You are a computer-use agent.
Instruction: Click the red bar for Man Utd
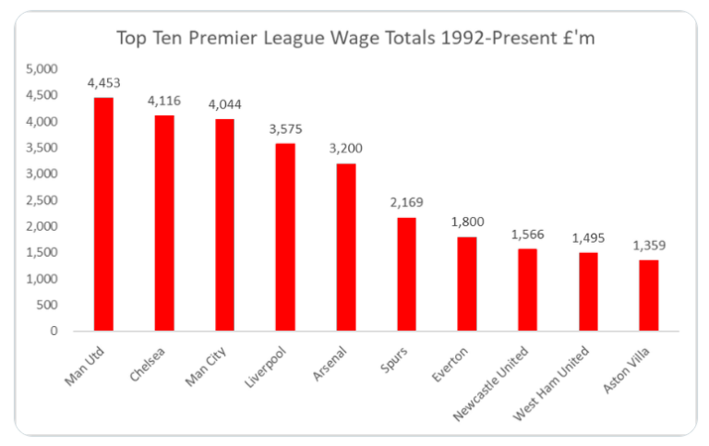point(102,214)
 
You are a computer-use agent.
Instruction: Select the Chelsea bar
point(163,223)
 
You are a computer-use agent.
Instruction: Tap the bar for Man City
point(224,224)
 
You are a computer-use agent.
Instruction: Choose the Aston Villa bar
point(649,295)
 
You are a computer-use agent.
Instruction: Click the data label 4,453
point(103,83)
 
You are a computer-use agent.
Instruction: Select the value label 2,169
point(407,203)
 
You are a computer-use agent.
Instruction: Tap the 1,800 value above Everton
point(468,222)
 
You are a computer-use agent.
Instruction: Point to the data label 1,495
point(589,238)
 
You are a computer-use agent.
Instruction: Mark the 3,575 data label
point(285,128)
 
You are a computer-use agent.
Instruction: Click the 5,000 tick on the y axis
point(42,69)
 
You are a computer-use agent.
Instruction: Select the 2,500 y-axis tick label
point(42,200)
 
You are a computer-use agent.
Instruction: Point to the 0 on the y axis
point(54,331)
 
